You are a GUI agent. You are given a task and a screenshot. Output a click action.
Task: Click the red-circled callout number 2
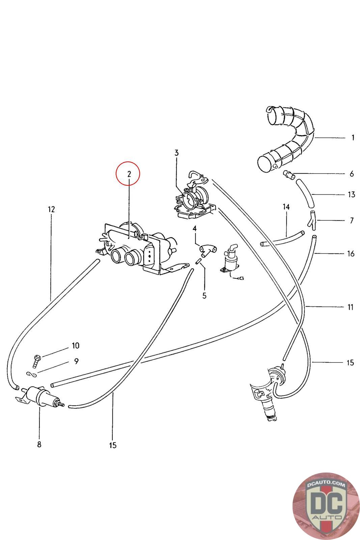coord(128,174)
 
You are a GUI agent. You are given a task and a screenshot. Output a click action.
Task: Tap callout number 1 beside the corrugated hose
coord(353,138)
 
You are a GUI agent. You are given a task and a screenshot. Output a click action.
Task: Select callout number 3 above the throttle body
coord(176,153)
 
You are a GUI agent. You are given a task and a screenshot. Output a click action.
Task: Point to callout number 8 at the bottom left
coord(39,444)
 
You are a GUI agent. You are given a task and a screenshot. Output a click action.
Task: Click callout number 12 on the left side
coord(51,209)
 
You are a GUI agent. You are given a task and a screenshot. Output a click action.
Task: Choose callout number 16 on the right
coord(351,253)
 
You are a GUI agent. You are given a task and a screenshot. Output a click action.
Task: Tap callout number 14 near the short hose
coord(286,207)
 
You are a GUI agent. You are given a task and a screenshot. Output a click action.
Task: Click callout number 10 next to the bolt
coord(75,346)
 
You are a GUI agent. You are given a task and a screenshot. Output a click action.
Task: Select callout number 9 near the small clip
coord(77,361)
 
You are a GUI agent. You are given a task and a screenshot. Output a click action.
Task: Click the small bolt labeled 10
coord(36,361)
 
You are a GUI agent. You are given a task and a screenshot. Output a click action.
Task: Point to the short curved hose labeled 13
coord(306,194)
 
